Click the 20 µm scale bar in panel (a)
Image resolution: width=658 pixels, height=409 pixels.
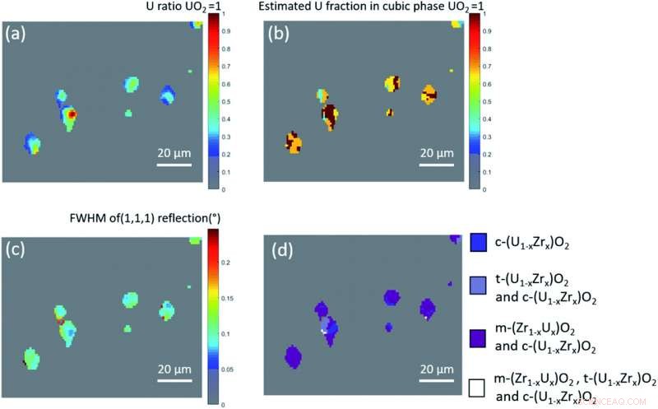174,163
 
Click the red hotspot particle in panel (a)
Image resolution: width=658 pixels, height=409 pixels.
71,115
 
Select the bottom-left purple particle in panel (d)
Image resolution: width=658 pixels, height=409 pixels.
292,356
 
